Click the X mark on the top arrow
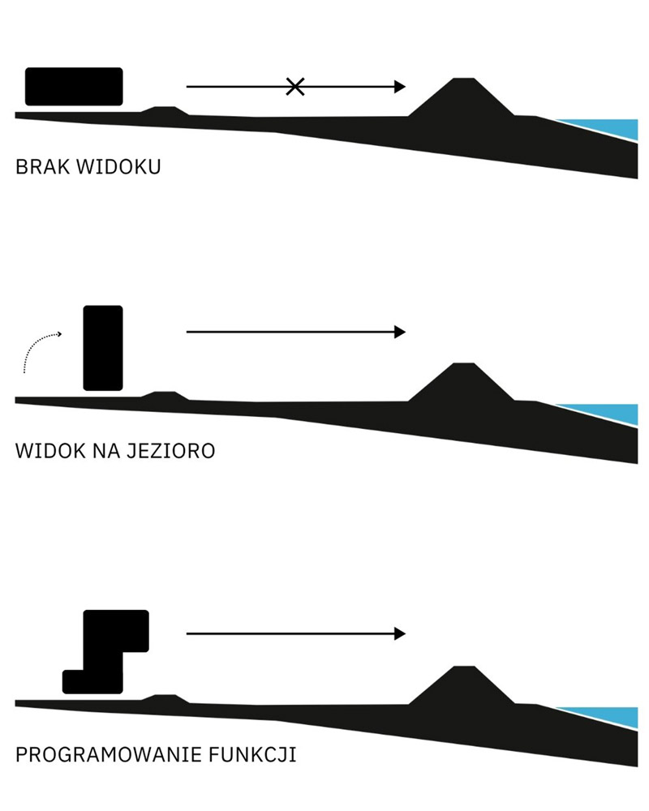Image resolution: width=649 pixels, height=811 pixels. pyautogui.click(x=295, y=87)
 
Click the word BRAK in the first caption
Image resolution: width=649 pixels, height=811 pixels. pyautogui.click(x=42, y=166)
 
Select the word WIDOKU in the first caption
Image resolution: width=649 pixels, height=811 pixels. pyautogui.click(x=118, y=166)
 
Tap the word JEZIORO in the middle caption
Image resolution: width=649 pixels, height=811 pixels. pyautogui.click(x=171, y=451)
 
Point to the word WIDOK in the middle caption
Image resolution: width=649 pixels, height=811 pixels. pyautogui.click(x=50, y=451)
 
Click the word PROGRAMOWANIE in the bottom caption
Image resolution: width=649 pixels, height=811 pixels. pyautogui.click(x=108, y=754)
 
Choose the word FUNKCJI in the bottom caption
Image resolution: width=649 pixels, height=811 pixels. pyautogui.click(x=252, y=754)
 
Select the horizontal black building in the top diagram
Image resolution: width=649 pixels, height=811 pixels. pyautogui.click(x=74, y=87)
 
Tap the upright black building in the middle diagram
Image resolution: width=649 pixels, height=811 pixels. pyautogui.click(x=103, y=348)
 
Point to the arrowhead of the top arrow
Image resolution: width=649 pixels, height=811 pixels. pyautogui.click(x=400, y=87)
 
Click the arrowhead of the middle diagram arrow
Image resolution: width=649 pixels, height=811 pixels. pyautogui.click(x=400, y=332)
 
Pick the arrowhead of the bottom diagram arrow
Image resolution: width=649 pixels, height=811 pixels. pyautogui.click(x=400, y=633)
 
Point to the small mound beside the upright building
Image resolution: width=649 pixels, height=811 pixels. pyautogui.click(x=165, y=396)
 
